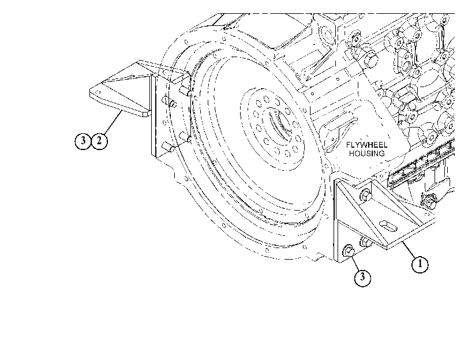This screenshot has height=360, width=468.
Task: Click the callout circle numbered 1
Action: coord(420,264)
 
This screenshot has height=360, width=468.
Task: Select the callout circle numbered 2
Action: coord(99,141)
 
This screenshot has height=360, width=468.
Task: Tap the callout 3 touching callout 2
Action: coord(83,141)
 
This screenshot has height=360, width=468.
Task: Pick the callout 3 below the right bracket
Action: coord(362,277)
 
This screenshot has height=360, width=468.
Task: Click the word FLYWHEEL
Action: coord(367,145)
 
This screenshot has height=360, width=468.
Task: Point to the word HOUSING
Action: coord(367,153)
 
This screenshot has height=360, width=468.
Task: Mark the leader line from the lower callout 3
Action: coord(355,263)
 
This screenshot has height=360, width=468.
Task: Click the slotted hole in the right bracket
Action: coord(388,226)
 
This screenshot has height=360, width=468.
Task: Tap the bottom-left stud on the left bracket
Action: coord(168,147)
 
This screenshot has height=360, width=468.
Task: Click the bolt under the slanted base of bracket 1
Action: coord(366,242)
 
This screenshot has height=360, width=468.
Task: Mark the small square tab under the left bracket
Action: coord(145,114)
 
